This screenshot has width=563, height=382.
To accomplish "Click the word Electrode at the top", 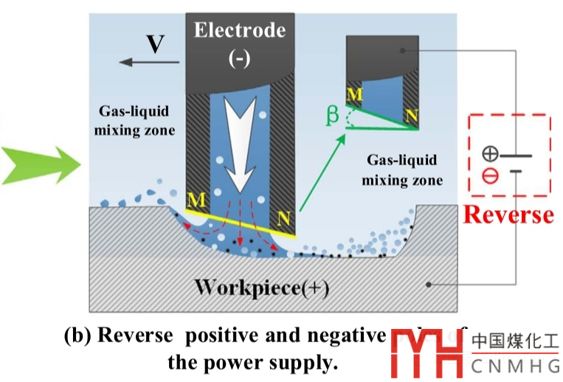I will click(x=239, y=30).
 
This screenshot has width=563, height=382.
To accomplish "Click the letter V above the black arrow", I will click(x=154, y=46).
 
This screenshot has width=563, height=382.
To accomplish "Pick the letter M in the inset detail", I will click(x=355, y=94).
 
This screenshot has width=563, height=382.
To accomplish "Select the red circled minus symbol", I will click(x=489, y=176).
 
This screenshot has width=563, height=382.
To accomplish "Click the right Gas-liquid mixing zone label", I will click(x=401, y=170).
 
